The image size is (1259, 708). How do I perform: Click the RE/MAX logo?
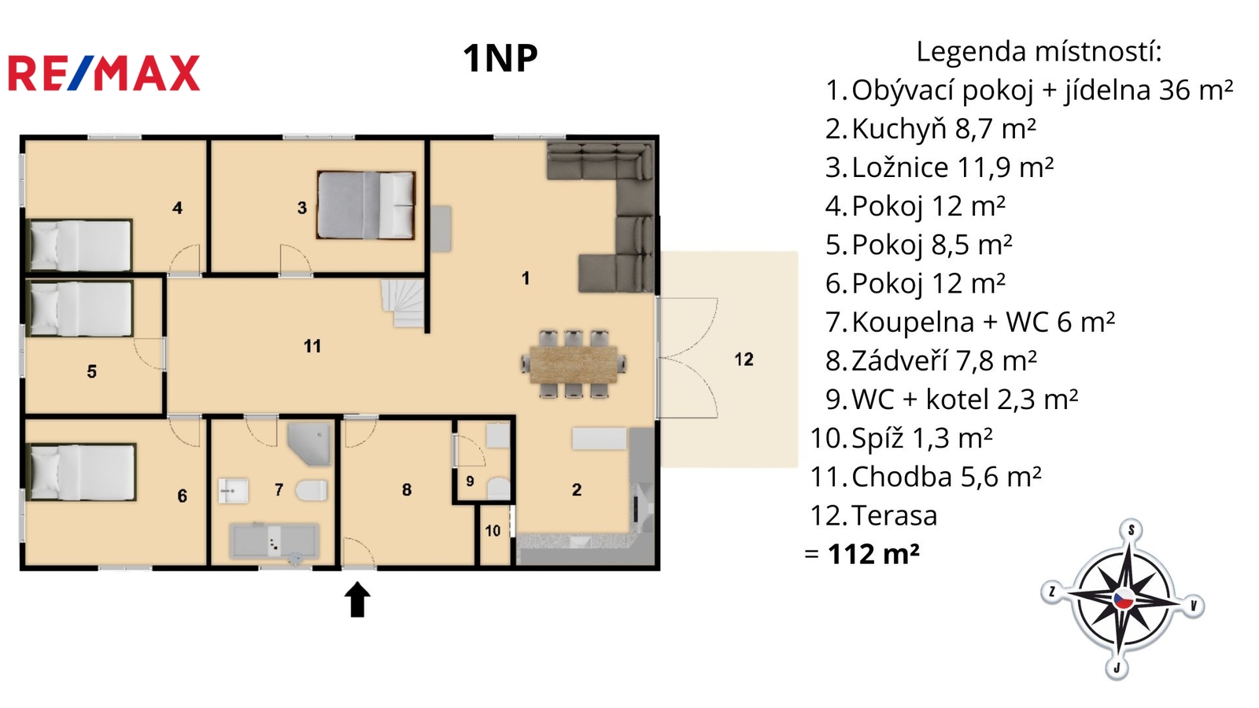(x=104, y=73)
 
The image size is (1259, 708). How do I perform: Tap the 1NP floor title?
(x=500, y=58)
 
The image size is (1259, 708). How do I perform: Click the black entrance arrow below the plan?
(x=357, y=599)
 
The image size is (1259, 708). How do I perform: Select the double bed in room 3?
(x=366, y=205)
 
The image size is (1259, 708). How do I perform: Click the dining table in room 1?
(x=574, y=365)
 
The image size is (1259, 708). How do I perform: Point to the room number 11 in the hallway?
(x=312, y=346)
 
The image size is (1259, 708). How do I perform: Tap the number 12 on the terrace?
(x=744, y=360)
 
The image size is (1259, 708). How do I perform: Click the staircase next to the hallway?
(x=403, y=304)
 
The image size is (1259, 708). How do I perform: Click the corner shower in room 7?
(x=309, y=444)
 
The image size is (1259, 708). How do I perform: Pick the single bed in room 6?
(x=82, y=472)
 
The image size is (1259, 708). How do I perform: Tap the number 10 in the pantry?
(x=493, y=531)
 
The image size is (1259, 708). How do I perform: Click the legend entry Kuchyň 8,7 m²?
(x=931, y=129)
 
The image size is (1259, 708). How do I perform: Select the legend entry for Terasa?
(x=873, y=515)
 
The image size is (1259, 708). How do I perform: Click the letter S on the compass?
(x=1132, y=530)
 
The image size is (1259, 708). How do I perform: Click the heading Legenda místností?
(x=1039, y=51)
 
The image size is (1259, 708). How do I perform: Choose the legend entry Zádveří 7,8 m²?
(x=932, y=361)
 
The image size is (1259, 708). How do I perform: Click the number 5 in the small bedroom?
(x=91, y=371)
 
